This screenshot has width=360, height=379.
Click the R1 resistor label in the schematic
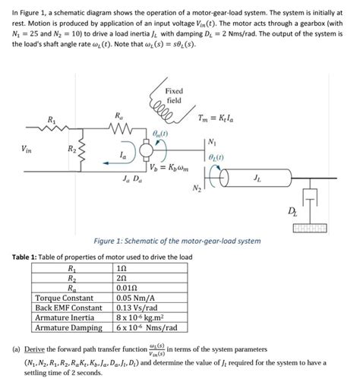click(51, 119)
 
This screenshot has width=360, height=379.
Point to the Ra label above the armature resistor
click(117, 115)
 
